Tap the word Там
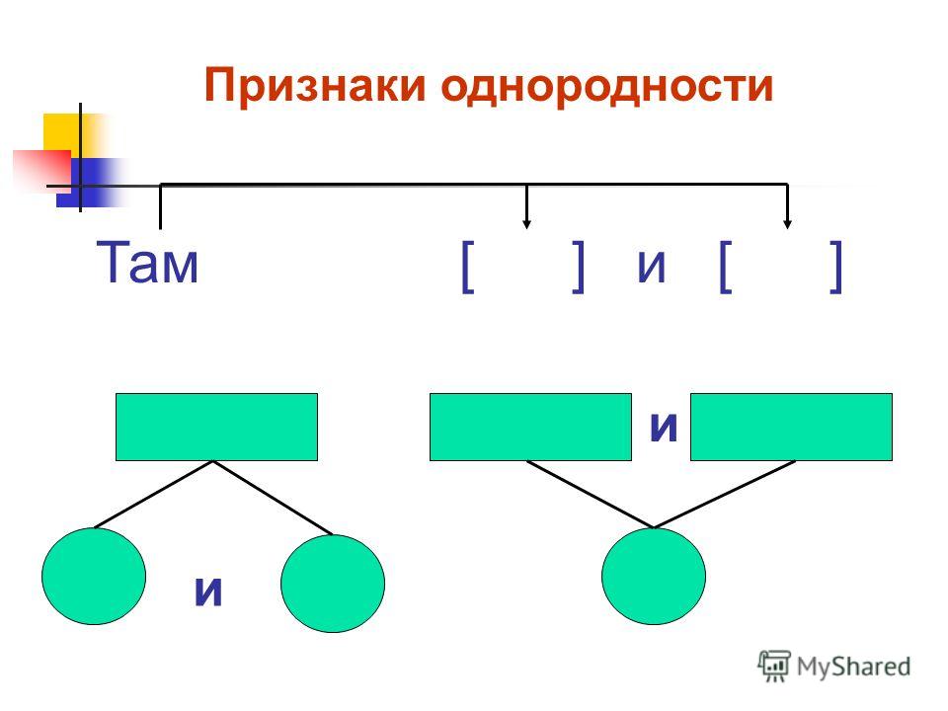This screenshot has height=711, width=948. [x=147, y=262]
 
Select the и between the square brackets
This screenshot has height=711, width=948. [x=652, y=266]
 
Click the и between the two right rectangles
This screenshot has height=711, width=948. [x=664, y=427]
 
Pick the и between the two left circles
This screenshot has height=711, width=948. [x=208, y=591]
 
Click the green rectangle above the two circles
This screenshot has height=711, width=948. [x=216, y=427]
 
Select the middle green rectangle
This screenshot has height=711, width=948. [x=530, y=427]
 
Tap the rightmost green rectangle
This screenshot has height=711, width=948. [x=791, y=427]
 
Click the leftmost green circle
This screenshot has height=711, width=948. [x=94, y=576]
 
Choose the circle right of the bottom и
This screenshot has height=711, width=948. [x=333, y=584]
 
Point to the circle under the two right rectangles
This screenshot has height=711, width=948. [x=654, y=576]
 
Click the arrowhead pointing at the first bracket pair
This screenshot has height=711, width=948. [x=526, y=225]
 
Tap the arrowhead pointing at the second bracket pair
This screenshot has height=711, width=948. [x=787, y=225]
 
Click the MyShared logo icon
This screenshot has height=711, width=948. [x=774, y=666]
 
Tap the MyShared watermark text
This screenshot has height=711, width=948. [x=853, y=667]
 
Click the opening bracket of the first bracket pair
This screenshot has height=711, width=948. [x=467, y=267]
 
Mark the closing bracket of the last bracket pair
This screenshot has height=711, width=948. [x=835, y=267]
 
